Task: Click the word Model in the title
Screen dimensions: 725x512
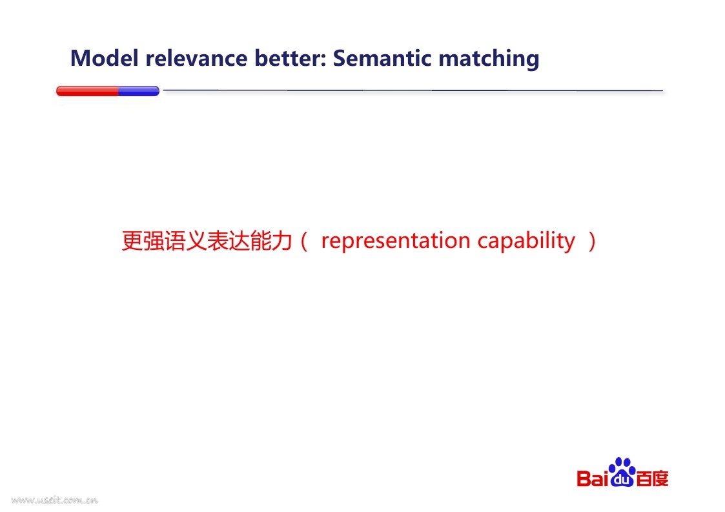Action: click(105, 58)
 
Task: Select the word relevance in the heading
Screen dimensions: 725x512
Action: click(196, 58)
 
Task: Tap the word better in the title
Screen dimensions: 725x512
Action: click(288, 58)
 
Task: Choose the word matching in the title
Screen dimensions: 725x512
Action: click(489, 60)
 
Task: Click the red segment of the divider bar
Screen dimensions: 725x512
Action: click(87, 91)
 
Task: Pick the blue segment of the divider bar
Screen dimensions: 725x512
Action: click(139, 91)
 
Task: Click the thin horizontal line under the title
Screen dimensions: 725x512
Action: click(413, 90)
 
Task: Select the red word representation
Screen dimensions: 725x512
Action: click(396, 241)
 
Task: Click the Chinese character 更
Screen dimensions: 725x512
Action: click(132, 241)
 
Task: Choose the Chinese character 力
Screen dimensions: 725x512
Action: click(281, 241)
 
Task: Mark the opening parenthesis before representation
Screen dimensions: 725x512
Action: click(304, 241)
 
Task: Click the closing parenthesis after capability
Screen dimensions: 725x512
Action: click(592, 241)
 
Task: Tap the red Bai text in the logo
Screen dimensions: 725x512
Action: click(592, 478)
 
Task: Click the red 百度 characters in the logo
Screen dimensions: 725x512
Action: click(652, 478)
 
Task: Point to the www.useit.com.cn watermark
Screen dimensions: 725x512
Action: click(55, 500)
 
